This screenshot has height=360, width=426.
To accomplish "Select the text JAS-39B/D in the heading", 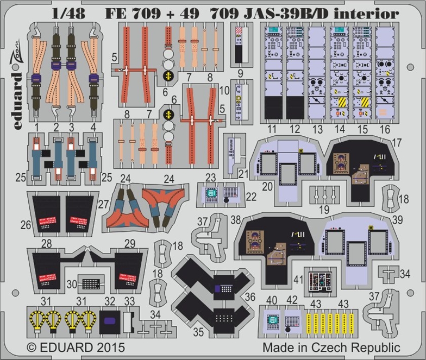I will point(288,14).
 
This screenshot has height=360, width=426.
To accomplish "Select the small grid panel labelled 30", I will point(92,282).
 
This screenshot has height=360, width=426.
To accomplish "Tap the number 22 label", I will point(250,197).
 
